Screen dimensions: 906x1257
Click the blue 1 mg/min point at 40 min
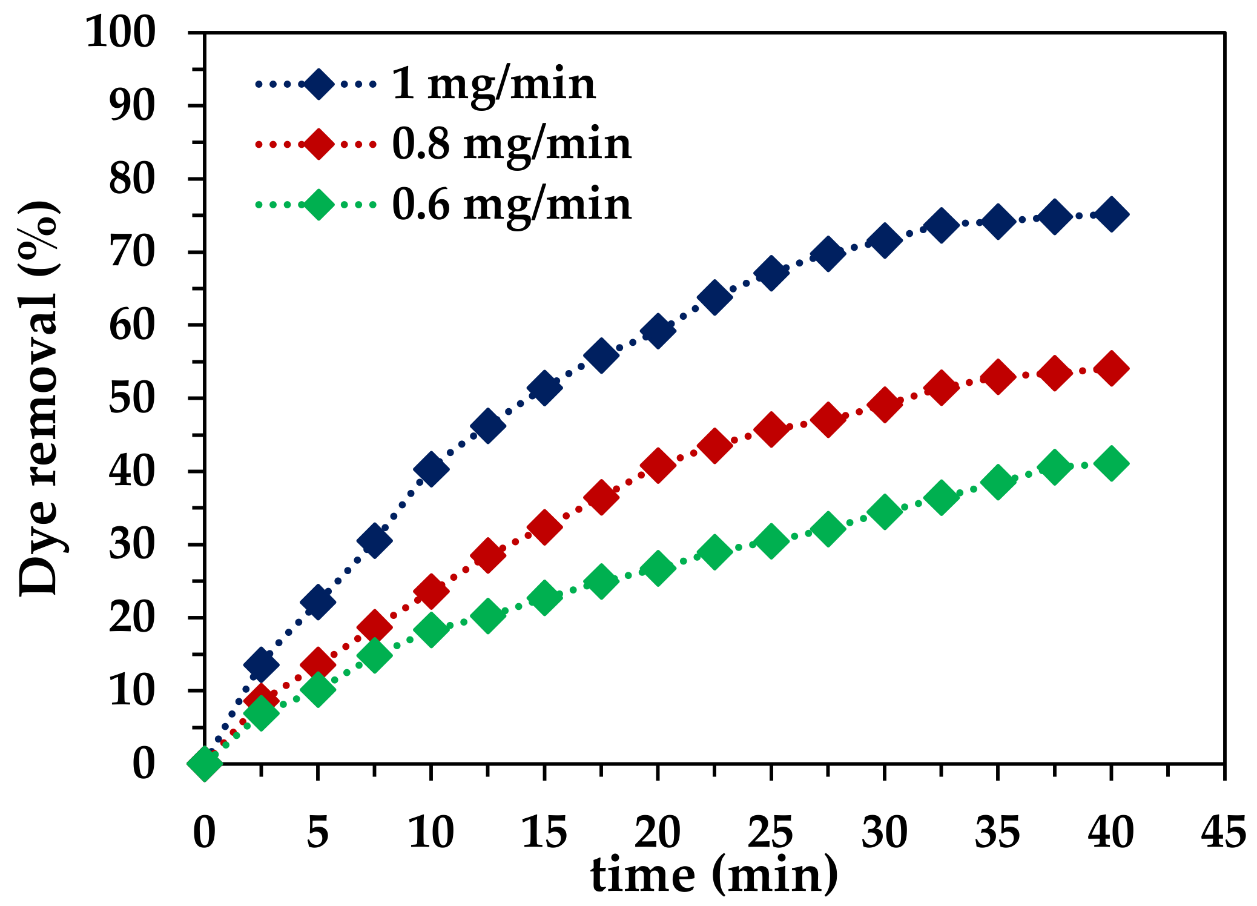pos(1111,214)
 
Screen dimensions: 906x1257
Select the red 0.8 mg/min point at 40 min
pos(1111,368)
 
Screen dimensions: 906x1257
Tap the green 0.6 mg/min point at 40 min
pos(1111,463)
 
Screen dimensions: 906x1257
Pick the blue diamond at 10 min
pos(431,468)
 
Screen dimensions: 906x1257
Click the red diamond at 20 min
pos(658,465)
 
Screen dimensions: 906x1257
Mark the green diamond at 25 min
pos(771,540)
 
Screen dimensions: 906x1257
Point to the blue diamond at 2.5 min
pos(261,664)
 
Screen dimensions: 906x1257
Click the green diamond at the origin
pos(205,763)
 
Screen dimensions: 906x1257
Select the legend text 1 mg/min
pos(493,84)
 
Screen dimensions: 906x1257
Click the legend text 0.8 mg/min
pos(512,144)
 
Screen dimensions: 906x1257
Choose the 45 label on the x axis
pos(1223,832)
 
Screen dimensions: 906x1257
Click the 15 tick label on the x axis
pos(544,832)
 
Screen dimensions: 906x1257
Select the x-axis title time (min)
pos(714,875)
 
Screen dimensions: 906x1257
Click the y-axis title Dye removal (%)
pos(39,398)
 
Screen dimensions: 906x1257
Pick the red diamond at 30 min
pos(884,405)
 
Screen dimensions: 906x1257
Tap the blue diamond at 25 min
pos(771,273)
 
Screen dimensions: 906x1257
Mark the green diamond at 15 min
pos(544,598)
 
